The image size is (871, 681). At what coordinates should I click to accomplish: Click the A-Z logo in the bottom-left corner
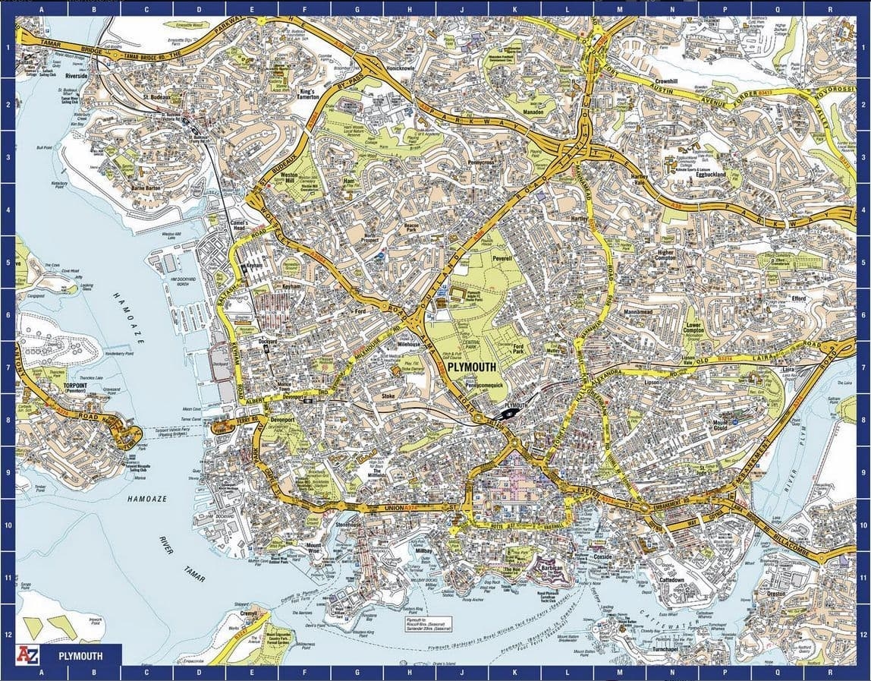[28, 654]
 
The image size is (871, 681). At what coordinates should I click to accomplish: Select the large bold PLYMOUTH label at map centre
[471, 367]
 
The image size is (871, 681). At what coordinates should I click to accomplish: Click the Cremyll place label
[249, 613]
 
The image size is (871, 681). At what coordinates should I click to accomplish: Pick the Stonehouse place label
[351, 524]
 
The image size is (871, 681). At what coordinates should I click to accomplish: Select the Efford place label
[797, 299]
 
